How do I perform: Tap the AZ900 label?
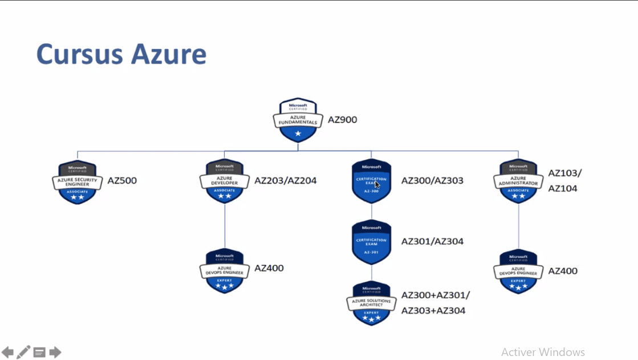tap(342, 120)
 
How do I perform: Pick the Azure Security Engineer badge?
tap(78, 182)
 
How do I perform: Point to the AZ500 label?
tap(122, 181)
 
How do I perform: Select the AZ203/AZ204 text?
tap(285, 181)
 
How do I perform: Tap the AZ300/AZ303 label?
tap(432, 181)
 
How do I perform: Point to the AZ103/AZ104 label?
tap(565, 181)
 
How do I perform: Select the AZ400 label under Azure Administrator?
tap(563, 271)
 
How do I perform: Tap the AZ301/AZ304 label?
tap(432, 241)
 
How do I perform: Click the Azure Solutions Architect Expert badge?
tap(372, 303)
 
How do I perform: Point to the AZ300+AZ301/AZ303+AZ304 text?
tap(435, 303)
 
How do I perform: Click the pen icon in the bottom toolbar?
tap(23, 352)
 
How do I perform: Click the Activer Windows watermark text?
tap(543, 352)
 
